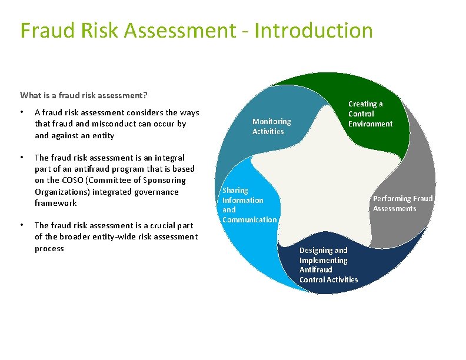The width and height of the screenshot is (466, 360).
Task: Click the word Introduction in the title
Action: (315, 31)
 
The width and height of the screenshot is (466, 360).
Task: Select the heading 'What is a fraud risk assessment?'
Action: (84, 95)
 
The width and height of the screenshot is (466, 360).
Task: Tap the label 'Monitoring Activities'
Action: (271, 126)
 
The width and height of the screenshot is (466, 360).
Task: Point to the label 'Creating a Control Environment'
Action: (370, 114)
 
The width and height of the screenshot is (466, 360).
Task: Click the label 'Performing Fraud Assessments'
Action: (402, 204)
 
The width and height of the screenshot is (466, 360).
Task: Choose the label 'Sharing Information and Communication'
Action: (249, 205)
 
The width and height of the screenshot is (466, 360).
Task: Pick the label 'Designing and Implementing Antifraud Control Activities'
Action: (328, 265)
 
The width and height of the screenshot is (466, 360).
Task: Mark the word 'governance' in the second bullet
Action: (158, 192)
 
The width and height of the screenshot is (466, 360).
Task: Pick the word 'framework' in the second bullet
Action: (56, 203)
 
